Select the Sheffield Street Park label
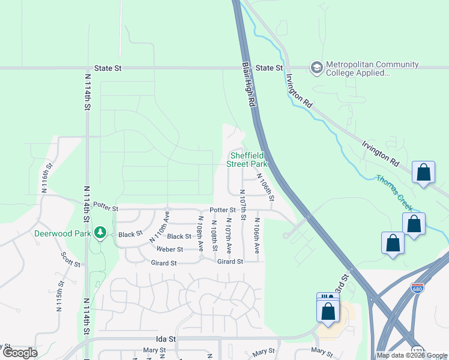coord(247,159)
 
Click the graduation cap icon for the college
coord(316,67)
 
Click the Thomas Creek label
coord(394,193)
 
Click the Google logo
coord(19,353)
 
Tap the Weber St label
coord(170,249)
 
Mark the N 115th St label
coord(59,296)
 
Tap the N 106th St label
coord(266,188)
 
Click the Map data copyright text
coord(411,355)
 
